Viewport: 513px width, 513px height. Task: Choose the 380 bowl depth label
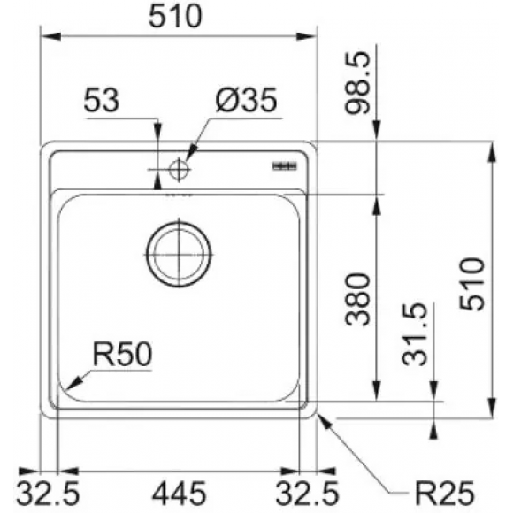click(x=356, y=299)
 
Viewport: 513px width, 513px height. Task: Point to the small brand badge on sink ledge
click(x=286, y=164)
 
